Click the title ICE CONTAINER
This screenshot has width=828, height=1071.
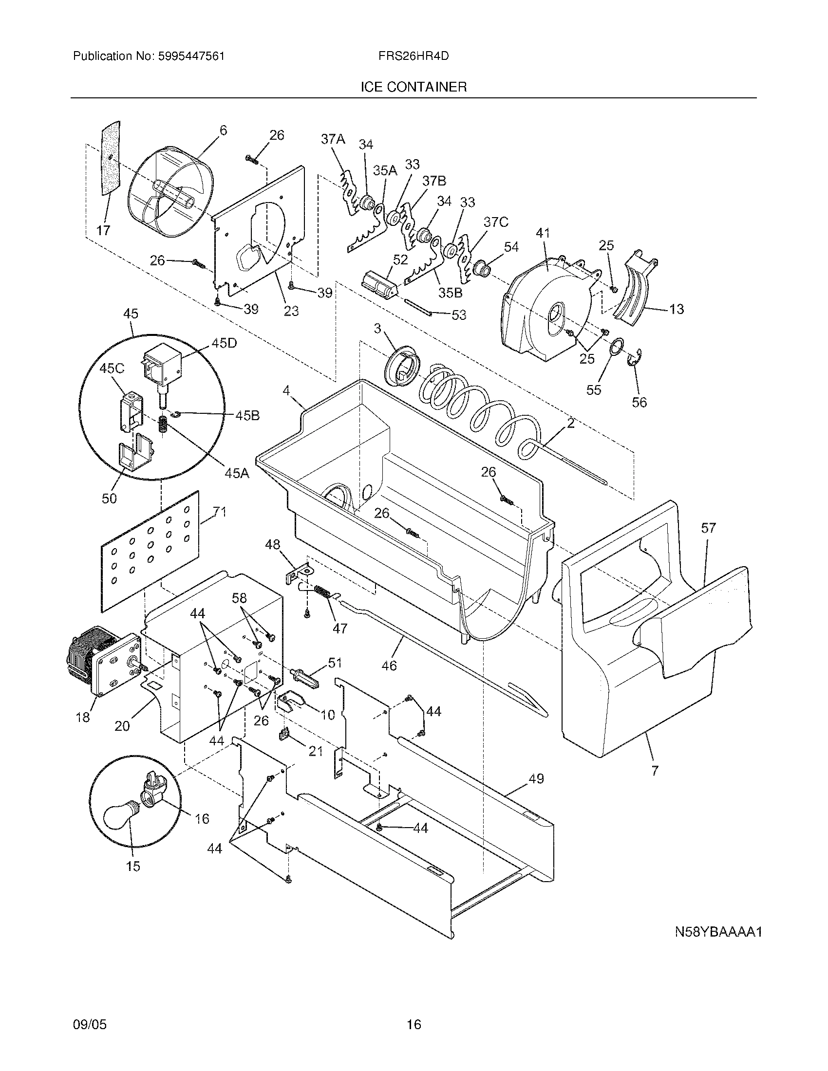[414, 87]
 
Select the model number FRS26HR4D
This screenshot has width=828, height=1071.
[414, 56]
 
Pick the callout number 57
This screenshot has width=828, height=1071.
[708, 528]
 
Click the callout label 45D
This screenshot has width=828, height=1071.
[224, 343]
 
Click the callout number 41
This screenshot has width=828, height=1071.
[543, 233]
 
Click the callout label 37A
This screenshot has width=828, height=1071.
[333, 139]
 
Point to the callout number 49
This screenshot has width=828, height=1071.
[536, 779]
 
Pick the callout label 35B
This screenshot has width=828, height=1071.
[450, 293]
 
